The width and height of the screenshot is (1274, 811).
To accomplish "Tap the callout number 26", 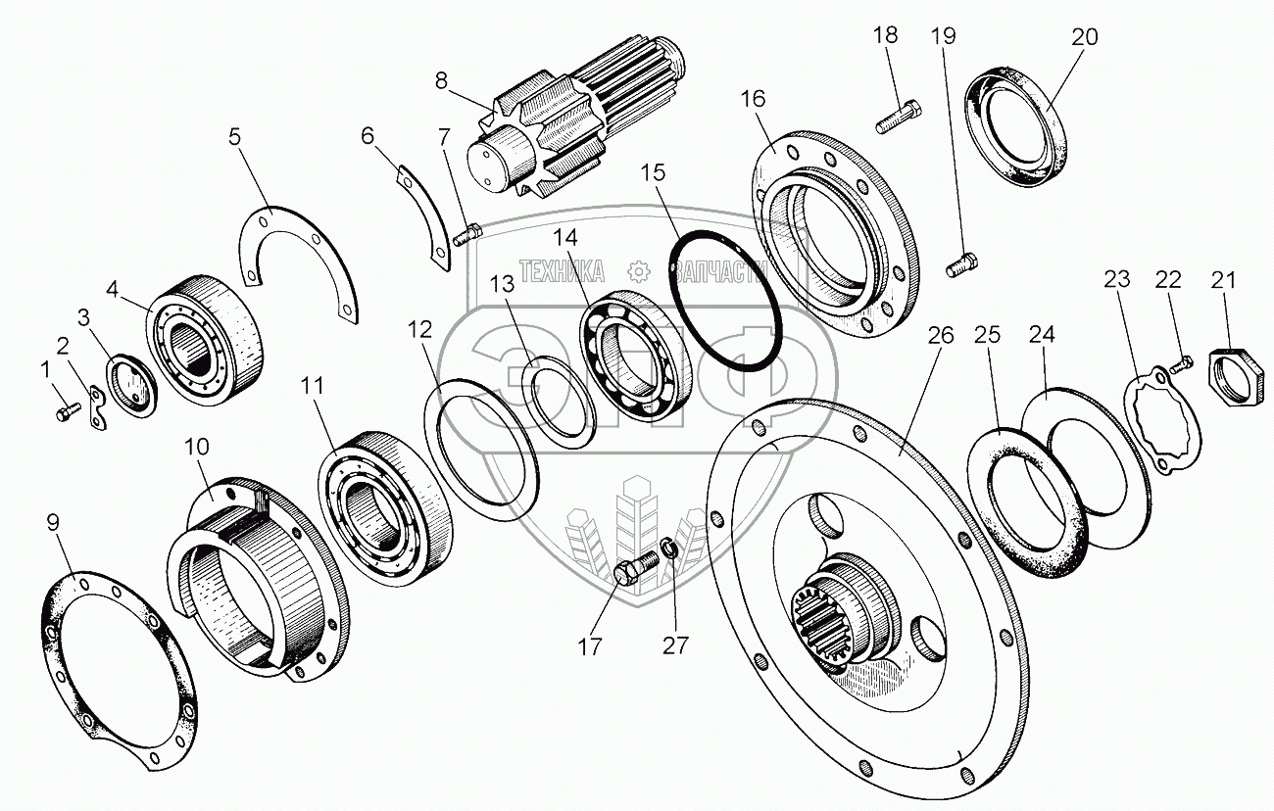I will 940,335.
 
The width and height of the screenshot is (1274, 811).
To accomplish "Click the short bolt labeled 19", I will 959,263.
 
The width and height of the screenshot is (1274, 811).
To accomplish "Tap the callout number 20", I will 1085,37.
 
